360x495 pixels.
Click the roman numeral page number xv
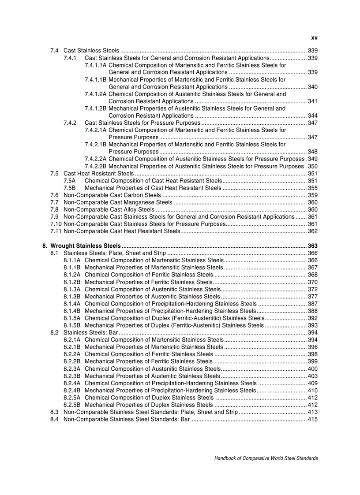pos(314,38)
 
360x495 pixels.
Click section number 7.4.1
pos(70,58)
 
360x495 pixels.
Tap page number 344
pos(313,115)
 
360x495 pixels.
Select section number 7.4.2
pos(70,123)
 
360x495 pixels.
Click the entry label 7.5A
pos(69,181)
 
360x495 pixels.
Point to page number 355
pos(313,188)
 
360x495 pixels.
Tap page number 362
pos(313,231)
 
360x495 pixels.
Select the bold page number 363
pos(313,246)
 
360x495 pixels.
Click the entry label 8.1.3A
pos(72,289)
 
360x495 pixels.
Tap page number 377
pos(313,296)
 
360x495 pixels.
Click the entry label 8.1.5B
pos(72,325)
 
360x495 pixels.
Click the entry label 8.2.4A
pos(72,383)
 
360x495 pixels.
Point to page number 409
pos(313,383)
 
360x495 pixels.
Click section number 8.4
pos(55,419)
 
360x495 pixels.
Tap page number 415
pos(313,419)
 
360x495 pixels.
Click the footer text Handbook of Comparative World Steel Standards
pos(266,458)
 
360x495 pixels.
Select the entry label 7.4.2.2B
pos(95,166)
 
